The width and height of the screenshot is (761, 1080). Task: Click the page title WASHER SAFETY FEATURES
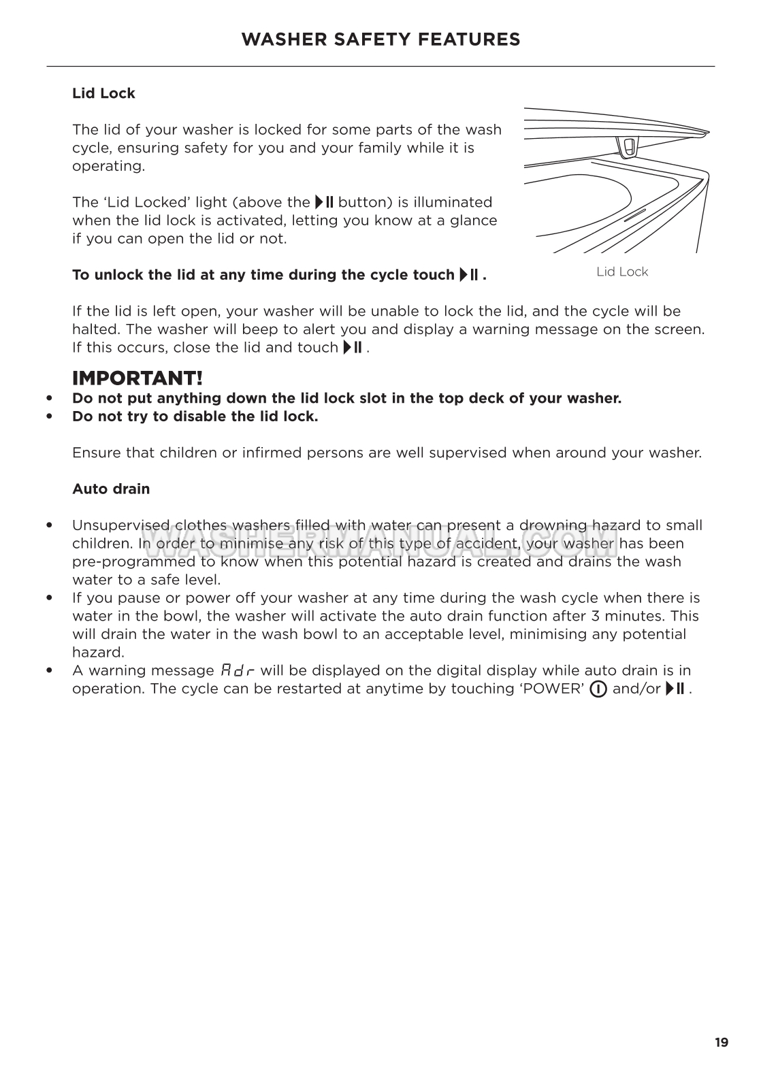(x=380, y=39)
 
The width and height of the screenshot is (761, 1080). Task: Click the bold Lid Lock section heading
(x=103, y=93)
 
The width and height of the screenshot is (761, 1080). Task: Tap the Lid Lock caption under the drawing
(x=622, y=272)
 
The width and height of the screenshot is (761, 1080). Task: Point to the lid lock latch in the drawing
(x=628, y=146)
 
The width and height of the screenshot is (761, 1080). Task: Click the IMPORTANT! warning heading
(x=137, y=378)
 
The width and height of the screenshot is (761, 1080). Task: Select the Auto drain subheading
(x=111, y=489)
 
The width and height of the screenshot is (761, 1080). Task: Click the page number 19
(x=722, y=1042)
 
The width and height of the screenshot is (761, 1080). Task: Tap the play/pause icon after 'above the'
(x=324, y=202)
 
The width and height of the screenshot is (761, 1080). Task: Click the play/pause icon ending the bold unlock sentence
(x=470, y=275)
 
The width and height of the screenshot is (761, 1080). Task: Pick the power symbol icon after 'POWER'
(x=598, y=689)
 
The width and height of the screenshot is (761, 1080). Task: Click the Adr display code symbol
(x=238, y=670)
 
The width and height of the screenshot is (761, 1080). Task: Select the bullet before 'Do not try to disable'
(x=49, y=416)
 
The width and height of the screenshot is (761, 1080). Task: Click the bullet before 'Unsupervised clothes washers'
(x=49, y=525)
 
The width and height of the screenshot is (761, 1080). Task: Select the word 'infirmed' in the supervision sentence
(x=269, y=453)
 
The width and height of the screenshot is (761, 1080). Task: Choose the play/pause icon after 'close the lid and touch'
(x=353, y=348)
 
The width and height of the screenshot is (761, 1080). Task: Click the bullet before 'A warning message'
(x=49, y=670)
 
